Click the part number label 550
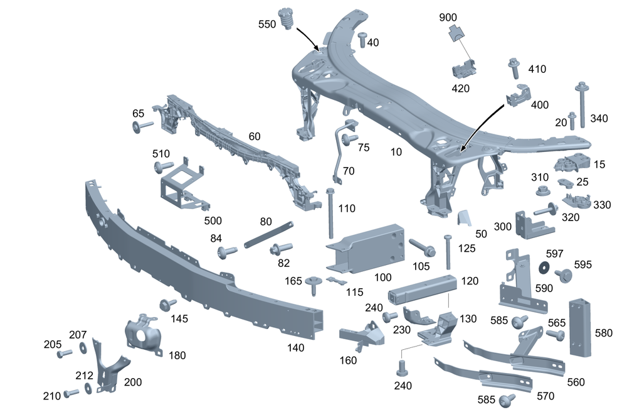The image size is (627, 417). tap(268, 24)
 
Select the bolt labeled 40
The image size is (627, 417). tap(362, 39)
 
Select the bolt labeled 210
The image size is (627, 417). tap(71, 393)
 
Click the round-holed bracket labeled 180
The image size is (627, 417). tap(144, 333)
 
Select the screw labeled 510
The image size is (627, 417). tap(163, 167)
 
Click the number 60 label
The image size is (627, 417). tap(254, 136)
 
